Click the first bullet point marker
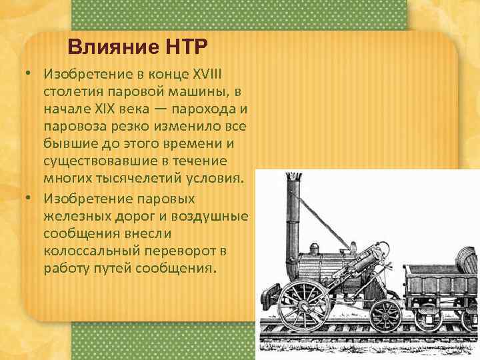tap(30, 73)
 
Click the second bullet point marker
tap(30, 198)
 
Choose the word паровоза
tap(75, 125)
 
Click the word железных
tap(73, 216)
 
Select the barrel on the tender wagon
tap(465, 256)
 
